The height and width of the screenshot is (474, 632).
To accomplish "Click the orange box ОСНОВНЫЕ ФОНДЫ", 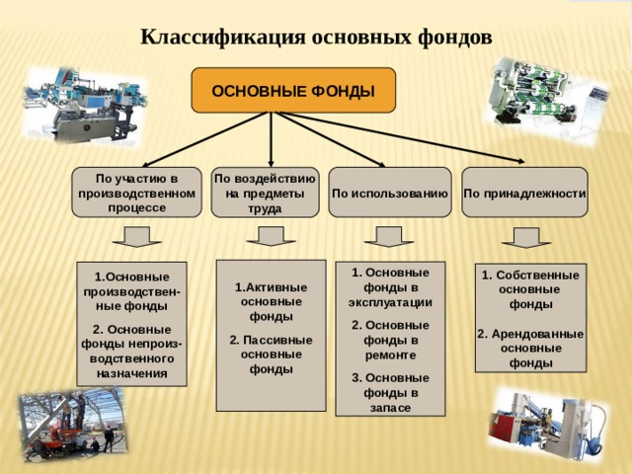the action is click(293, 90).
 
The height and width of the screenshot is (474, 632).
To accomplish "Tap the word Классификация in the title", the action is click(222, 38).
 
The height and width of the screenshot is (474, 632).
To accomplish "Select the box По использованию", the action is click(390, 193).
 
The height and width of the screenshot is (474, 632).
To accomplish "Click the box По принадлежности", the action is click(524, 193).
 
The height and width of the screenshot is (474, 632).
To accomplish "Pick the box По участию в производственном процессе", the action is click(136, 193).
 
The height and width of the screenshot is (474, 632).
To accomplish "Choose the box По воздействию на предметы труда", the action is click(265, 193).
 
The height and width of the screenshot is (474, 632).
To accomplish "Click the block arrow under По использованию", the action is click(389, 237).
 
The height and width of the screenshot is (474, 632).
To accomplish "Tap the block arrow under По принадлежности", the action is click(526, 238).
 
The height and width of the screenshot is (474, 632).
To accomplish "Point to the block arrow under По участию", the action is click(136, 237).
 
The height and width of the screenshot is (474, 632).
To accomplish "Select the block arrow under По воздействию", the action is click(271, 236).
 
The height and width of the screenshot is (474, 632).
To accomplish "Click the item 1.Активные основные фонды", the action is click(271, 302).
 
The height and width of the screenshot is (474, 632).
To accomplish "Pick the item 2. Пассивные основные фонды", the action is click(271, 355).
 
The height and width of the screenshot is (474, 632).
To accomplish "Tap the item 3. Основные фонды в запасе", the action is click(390, 393).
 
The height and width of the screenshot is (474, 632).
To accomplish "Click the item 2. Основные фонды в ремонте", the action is click(390, 340).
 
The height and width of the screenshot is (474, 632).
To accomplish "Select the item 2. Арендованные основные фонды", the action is click(530, 349).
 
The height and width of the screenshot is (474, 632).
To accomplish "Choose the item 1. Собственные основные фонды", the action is click(530, 289).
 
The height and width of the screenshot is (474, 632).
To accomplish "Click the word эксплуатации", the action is click(390, 303).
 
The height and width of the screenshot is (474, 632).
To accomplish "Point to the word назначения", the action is click(131, 373).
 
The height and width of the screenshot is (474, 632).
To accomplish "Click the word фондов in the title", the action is click(454, 38).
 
